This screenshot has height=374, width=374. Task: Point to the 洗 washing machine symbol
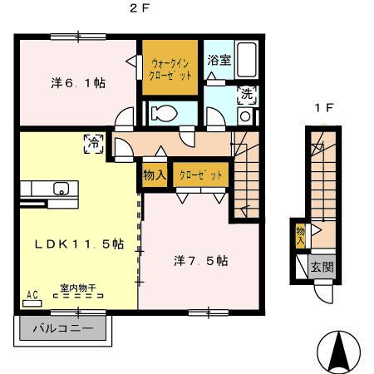coord(246,94)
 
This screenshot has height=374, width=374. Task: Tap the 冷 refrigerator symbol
coord(91,144)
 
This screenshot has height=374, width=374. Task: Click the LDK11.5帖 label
coord(79,244)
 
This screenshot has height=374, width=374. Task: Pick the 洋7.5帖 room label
coord(201,260)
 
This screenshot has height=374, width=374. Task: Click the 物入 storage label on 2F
coord(154,175)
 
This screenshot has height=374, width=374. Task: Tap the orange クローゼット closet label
coord(199,175)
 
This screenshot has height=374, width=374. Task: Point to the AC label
coord(33,295)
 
